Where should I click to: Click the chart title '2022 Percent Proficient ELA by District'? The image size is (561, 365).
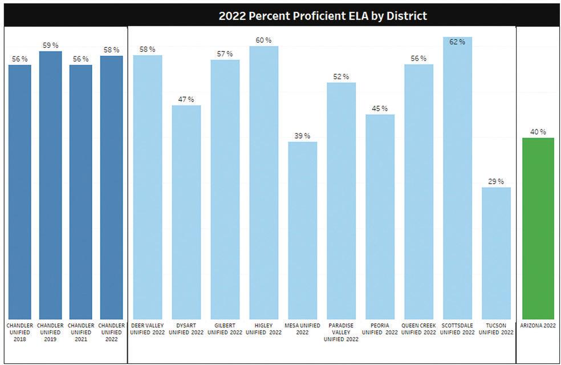[x=323, y=15]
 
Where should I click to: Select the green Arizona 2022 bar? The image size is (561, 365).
[x=538, y=228]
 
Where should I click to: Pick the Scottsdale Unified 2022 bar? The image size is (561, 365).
[x=457, y=177]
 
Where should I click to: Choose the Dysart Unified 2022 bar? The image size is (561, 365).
[x=186, y=212]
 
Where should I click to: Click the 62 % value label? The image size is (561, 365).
[x=457, y=42]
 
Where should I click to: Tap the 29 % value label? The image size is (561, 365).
[x=496, y=181]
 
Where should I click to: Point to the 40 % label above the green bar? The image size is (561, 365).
[x=538, y=132]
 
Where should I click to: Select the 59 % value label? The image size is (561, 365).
[x=50, y=45]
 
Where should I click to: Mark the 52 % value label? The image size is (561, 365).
[x=341, y=76]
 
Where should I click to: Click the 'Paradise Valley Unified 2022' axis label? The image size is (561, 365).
[x=341, y=332]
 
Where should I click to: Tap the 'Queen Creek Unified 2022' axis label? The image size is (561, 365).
[x=418, y=329]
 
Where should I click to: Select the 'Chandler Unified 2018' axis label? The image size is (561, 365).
[x=20, y=332]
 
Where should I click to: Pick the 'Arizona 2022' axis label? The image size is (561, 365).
[x=538, y=326]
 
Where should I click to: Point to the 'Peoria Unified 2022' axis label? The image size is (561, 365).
[x=380, y=329]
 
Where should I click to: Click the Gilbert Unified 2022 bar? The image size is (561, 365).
[x=225, y=189]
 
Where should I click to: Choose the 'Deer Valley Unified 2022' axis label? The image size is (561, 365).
[x=147, y=329]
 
